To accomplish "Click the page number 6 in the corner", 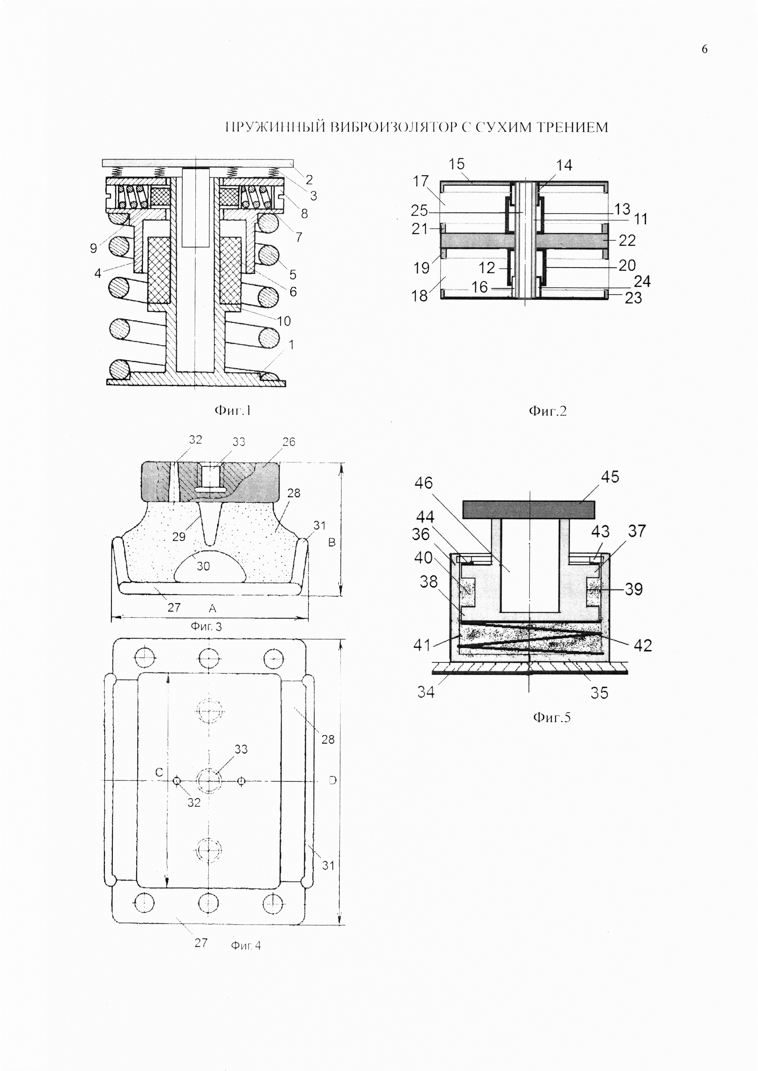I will [x=704, y=49].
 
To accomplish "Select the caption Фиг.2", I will [x=547, y=411].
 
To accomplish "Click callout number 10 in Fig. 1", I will [x=284, y=321].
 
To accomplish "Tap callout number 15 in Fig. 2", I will [x=456, y=164].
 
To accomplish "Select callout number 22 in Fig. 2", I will [x=627, y=240].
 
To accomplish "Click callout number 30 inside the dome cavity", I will [x=203, y=566].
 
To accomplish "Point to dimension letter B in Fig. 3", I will [x=332, y=542].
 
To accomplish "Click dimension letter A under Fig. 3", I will [x=212, y=608].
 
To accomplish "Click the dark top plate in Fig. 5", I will [x=529, y=509].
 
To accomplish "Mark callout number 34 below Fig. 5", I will [x=426, y=692].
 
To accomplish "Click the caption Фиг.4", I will [x=246, y=945].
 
